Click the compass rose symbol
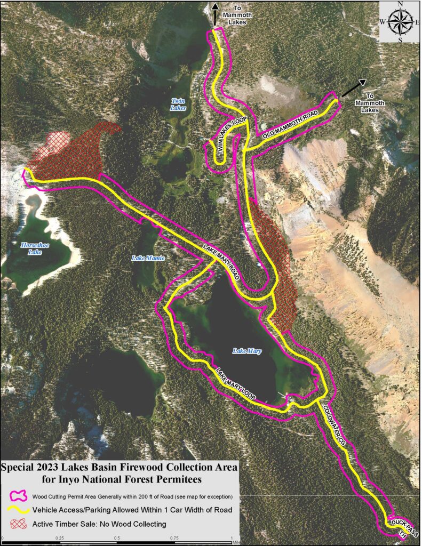(400, 22)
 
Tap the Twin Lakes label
(178, 104)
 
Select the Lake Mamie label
(144, 258)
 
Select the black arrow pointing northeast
(354, 87)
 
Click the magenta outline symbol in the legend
(17, 496)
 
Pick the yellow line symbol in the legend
(17, 510)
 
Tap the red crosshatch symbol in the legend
(17, 524)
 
